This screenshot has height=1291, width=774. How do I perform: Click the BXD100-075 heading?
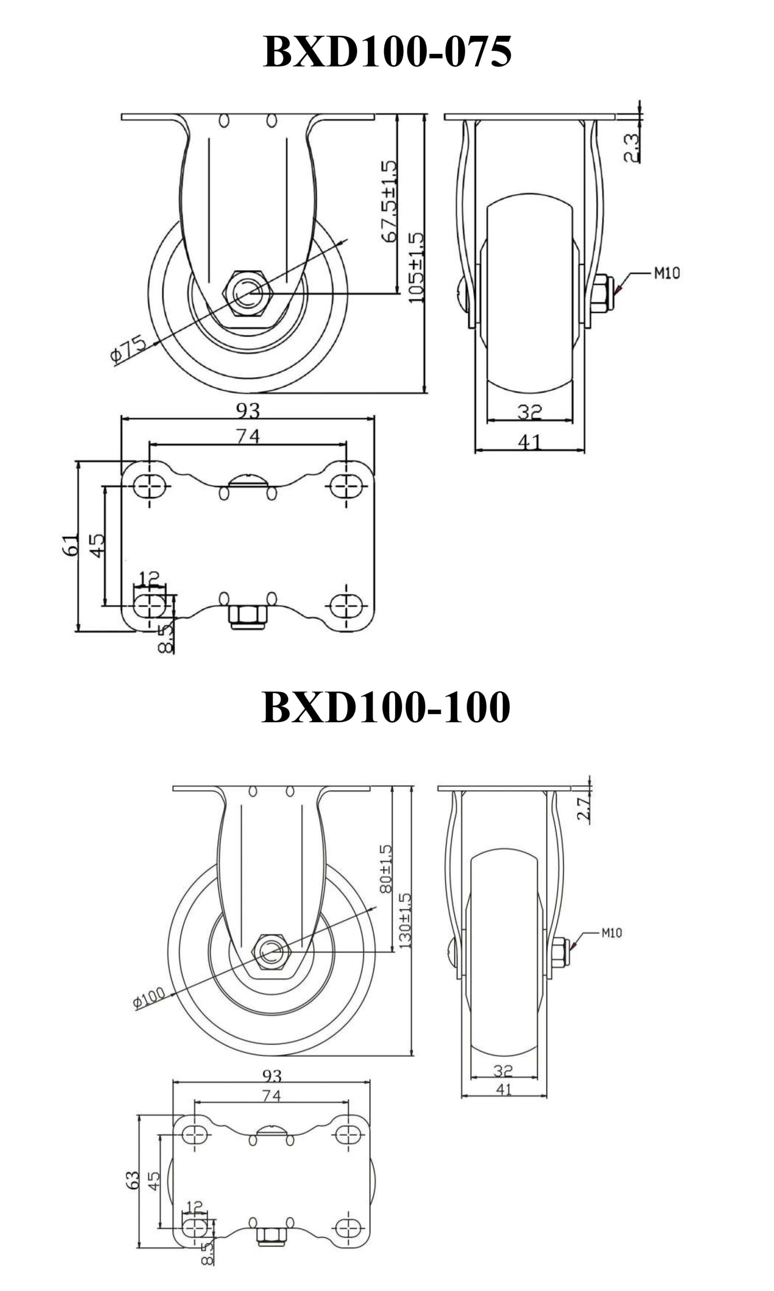[x=387, y=51]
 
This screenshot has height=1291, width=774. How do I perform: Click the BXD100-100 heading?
[x=386, y=707]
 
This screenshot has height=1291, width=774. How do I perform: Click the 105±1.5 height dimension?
[x=416, y=268]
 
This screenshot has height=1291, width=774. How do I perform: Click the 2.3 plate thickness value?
[x=631, y=148]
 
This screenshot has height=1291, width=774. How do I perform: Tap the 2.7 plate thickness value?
[x=584, y=808]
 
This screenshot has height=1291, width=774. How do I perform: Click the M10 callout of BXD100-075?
[x=667, y=273]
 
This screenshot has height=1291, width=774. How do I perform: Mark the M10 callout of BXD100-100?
[x=611, y=932]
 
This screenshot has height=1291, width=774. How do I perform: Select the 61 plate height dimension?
[x=72, y=545]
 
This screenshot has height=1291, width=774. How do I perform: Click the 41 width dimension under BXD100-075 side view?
[x=530, y=442]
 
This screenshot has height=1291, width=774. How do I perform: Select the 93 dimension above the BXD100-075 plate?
[x=248, y=410]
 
